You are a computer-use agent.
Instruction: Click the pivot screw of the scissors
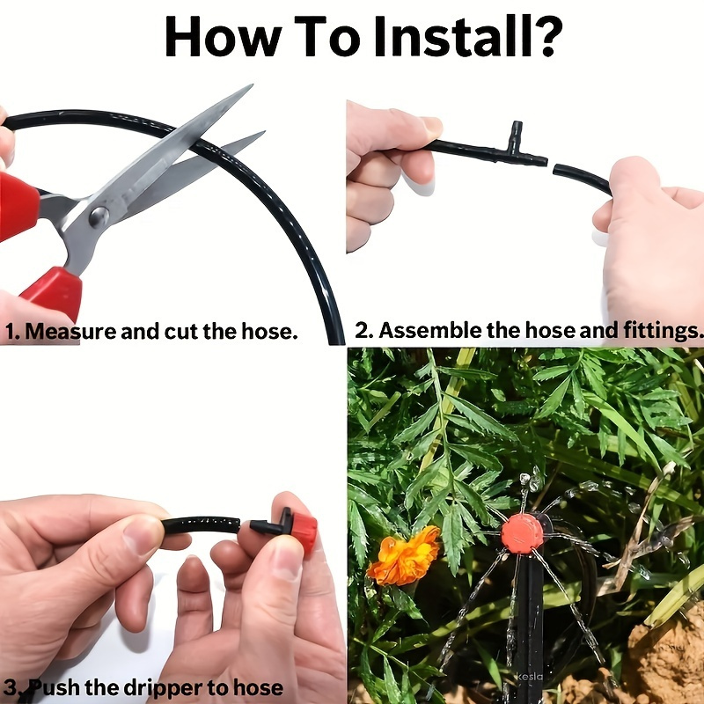99,214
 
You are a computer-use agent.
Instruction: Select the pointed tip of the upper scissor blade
250,86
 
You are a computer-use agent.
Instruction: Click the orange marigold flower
404,555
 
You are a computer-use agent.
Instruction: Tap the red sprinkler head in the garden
522,533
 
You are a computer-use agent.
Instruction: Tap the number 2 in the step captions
362,332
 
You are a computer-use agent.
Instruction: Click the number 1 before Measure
10,333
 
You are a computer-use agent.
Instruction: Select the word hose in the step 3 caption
259,687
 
